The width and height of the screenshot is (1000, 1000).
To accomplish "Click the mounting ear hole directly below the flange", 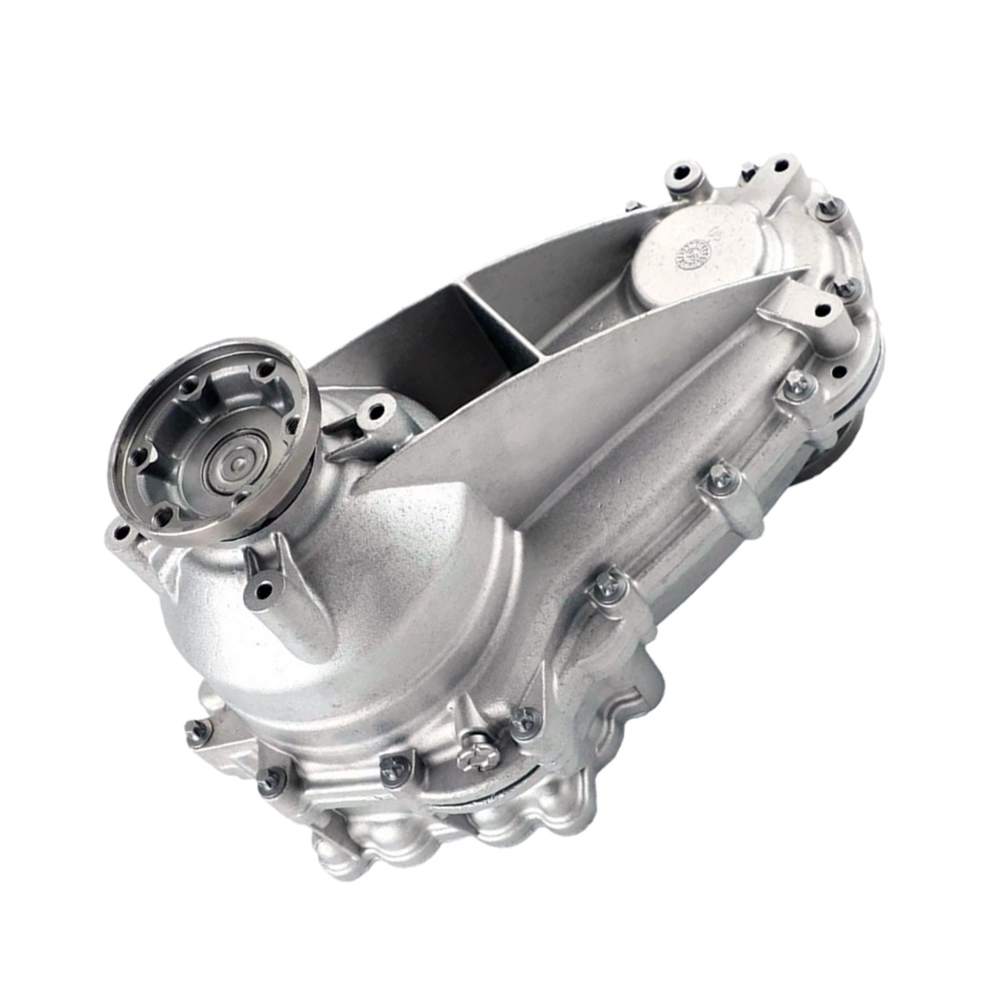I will (264, 592).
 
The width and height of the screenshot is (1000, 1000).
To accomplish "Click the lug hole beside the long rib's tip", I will (823, 311).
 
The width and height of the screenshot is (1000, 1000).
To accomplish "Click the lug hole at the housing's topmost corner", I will (782, 163).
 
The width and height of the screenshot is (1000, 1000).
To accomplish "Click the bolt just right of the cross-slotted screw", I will (524, 722).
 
